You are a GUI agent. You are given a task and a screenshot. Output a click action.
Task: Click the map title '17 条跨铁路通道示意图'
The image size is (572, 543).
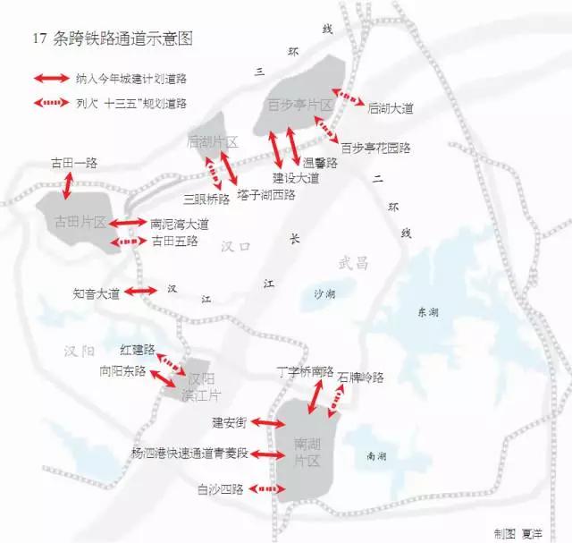tap(112, 38)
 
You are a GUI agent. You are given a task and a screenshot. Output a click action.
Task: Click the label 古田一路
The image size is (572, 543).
tap(74, 164)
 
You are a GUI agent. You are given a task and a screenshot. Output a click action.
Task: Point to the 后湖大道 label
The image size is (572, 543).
tap(391, 108)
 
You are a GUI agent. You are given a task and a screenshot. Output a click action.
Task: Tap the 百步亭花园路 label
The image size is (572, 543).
tap(375, 147)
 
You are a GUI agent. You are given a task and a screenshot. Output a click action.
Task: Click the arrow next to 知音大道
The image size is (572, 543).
tap(141, 292)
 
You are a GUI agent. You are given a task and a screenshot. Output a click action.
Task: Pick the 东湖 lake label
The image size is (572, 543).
tap(427, 312)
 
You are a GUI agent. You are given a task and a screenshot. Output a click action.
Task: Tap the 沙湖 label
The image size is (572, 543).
tap(325, 293)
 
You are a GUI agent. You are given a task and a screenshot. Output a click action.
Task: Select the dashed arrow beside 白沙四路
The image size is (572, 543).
tap(267, 489)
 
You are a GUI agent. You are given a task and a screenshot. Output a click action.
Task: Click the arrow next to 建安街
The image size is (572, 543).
tap(268, 421)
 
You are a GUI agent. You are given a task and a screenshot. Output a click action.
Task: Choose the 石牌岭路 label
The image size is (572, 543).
tap(361, 378)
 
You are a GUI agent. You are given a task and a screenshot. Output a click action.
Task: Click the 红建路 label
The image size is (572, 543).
tap(138, 348)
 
